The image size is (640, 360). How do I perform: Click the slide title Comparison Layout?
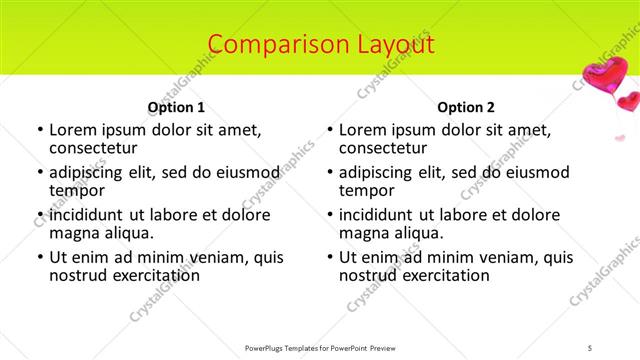pos(321,44)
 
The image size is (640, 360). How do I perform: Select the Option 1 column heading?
pos(176,107)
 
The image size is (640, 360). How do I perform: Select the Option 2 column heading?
pos(466,107)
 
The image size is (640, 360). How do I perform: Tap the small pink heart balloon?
pos(628,101)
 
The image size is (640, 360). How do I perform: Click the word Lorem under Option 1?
pos(73,130)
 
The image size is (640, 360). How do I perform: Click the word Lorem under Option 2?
pos(363,130)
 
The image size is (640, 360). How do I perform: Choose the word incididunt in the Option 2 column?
pos(382,215)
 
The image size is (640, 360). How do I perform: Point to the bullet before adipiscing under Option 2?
pos(330,174)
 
